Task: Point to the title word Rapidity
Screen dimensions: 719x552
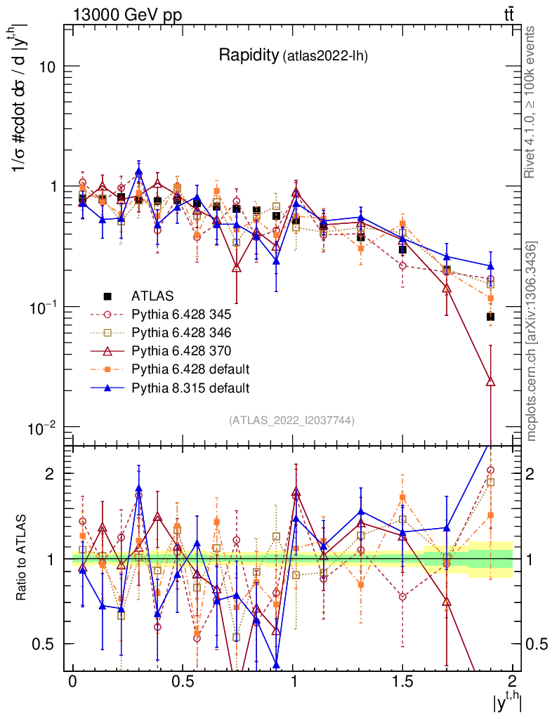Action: click(x=248, y=55)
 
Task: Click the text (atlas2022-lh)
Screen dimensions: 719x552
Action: click(x=325, y=57)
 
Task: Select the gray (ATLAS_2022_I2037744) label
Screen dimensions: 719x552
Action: click(x=291, y=421)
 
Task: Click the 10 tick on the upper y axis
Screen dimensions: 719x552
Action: click(x=46, y=67)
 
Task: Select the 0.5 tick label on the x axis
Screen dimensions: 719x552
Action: click(x=183, y=682)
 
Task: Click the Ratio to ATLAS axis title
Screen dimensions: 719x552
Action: click(x=22, y=558)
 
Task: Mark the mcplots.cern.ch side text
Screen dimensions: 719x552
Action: click(x=532, y=341)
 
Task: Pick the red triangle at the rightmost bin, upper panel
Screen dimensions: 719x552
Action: click(x=490, y=382)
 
